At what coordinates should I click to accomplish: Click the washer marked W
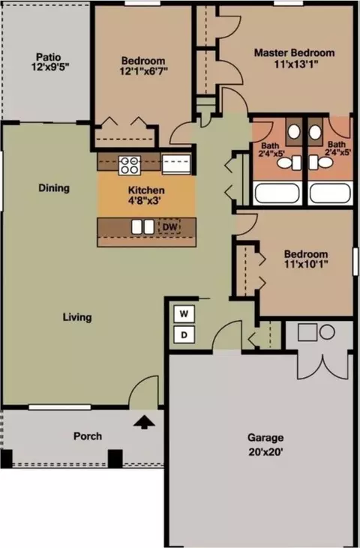click(184, 314)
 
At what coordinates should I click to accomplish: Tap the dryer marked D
click(184, 335)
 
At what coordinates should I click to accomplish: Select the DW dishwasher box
click(169, 227)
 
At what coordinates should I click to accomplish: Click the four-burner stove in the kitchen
click(130, 166)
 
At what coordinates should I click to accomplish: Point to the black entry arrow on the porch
click(144, 422)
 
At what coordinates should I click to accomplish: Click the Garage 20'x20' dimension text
click(265, 452)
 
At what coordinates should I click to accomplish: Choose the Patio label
click(49, 57)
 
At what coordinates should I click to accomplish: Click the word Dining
click(54, 188)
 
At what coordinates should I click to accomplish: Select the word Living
click(77, 317)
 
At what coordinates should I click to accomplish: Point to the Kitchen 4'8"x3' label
click(146, 196)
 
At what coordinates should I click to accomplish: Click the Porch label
click(88, 436)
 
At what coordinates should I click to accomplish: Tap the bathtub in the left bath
click(277, 193)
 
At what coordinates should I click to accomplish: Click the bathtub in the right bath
click(330, 193)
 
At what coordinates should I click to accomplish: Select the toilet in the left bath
click(291, 163)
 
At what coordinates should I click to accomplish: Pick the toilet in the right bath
click(321, 163)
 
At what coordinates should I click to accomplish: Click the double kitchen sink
click(142, 227)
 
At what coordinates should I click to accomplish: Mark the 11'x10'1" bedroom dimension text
click(306, 264)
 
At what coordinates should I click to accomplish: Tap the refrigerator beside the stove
click(176, 163)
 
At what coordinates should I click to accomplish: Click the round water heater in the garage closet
click(328, 332)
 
